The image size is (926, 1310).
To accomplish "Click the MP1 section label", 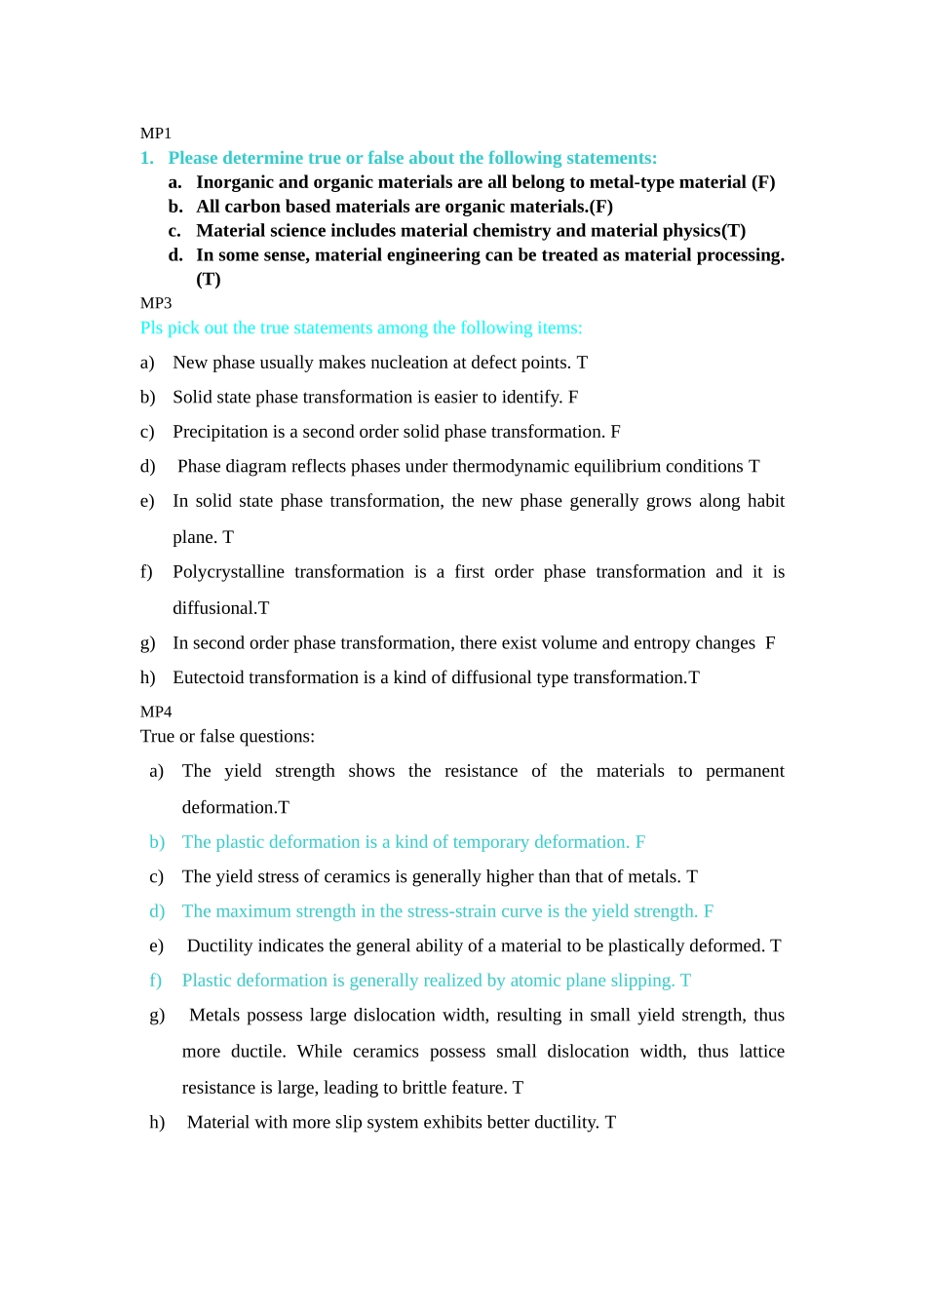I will pyautogui.click(x=156, y=134).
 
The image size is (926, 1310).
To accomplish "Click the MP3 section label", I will pyautogui.click(x=156, y=303).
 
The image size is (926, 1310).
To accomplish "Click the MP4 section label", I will pyautogui.click(x=156, y=712).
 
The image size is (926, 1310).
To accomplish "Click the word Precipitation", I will pyautogui.click(x=220, y=432).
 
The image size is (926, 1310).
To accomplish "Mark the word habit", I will pyautogui.click(x=766, y=501).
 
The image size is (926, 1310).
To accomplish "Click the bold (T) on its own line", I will pyautogui.click(x=209, y=280).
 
